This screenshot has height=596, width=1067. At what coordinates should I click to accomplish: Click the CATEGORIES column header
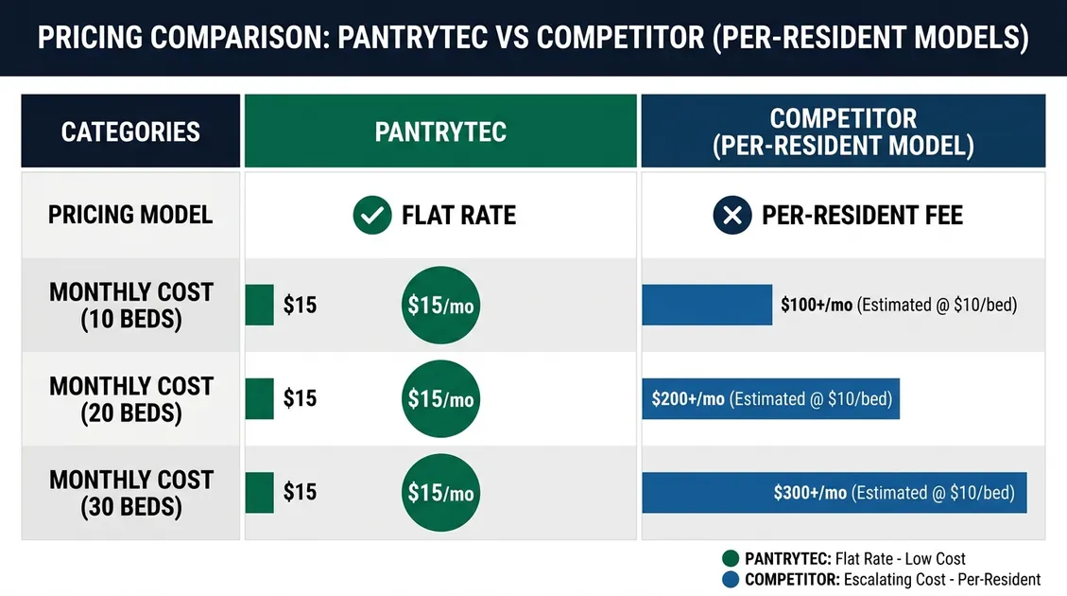[130, 131]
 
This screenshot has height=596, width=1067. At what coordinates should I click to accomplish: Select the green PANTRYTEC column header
[440, 131]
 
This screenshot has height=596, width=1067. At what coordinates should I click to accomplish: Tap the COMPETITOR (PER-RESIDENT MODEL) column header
[843, 131]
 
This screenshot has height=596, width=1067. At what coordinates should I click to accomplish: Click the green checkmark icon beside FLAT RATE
[372, 216]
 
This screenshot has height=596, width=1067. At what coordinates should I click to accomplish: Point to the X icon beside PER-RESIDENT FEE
[732, 216]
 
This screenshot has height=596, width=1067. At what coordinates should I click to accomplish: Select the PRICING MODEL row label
[130, 216]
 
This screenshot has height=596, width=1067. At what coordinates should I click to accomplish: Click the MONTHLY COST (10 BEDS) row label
[131, 306]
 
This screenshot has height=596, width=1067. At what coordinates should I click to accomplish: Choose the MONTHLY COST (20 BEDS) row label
[131, 399]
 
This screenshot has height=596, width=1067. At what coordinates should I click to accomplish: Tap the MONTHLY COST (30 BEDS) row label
[131, 493]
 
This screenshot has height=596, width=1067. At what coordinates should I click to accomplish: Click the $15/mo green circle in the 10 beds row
[441, 306]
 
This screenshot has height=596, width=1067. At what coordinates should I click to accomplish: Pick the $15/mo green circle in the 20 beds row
[441, 398]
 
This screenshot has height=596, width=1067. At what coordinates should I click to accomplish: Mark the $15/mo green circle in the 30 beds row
[441, 493]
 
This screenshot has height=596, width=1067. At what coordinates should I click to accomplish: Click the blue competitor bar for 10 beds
[707, 305]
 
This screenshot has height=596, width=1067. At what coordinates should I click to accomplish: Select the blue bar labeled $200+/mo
[771, 398]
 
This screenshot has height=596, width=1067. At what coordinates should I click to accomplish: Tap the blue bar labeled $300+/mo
[835, 493]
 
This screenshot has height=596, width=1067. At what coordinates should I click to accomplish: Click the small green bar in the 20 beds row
[259, 398]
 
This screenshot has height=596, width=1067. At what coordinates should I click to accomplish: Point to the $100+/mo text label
[817, 305]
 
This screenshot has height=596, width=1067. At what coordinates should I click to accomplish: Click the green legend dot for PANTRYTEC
[731, 558]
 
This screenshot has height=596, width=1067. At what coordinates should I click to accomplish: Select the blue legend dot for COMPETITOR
[731, 580]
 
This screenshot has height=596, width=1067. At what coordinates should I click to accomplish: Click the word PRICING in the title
[90, 37]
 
